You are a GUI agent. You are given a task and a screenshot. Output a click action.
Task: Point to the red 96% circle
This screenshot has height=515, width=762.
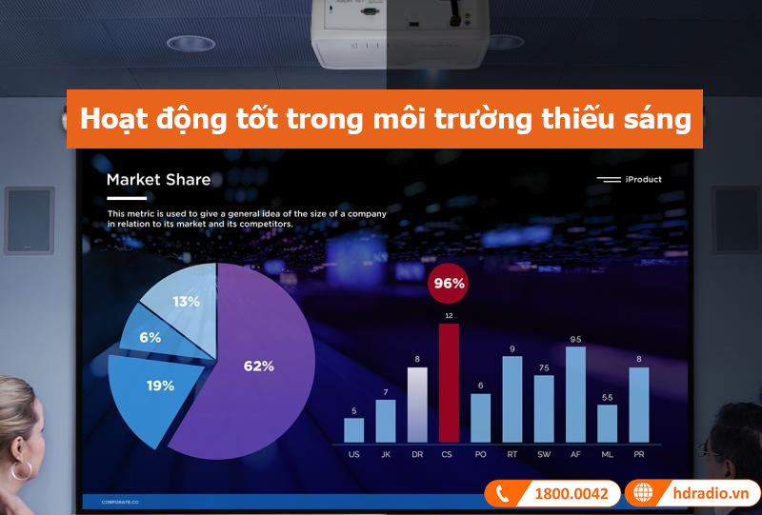point(449,283)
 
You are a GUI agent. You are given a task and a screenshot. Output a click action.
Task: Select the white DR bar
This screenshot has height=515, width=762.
point(417,405)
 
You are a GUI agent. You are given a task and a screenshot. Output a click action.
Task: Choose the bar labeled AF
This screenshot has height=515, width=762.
point(575,394)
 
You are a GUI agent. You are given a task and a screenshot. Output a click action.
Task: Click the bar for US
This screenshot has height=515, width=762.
point(354,429)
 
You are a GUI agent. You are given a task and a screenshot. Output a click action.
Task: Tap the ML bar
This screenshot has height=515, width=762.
point(608,423)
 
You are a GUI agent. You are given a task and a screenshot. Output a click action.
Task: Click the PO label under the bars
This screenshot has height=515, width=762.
point(480,455)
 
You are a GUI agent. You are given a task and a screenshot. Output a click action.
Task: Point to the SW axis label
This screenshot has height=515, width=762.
point(544,455)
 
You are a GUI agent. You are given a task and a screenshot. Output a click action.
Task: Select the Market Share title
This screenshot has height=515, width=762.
point(158,179)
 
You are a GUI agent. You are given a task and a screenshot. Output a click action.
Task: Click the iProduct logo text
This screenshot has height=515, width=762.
point(644,179)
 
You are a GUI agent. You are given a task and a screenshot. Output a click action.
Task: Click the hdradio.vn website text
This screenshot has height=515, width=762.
point(706,493)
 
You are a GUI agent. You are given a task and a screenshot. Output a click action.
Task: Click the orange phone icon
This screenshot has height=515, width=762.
point(502,493)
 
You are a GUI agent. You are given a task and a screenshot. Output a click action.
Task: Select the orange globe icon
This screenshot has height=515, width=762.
point(643,493)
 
